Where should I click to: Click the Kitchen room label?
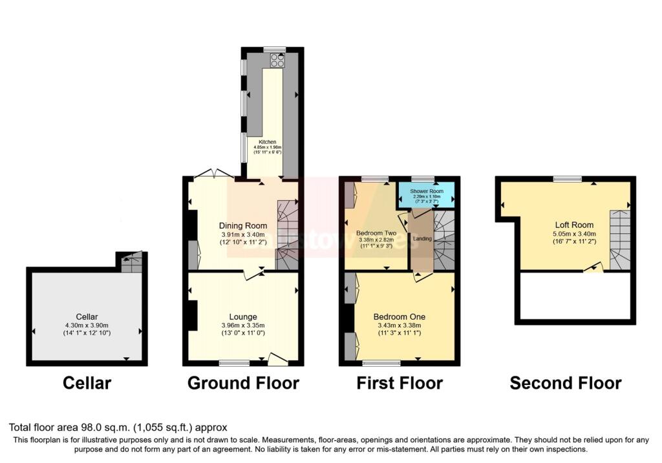click(268, 142)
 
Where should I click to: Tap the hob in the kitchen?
click(278, 60)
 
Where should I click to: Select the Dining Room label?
click(243, 226)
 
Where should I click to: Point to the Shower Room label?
click(427, 191)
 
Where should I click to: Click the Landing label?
click(422, 239)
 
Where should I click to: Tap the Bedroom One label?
click(399, 316)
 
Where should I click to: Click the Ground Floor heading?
click(243, 383)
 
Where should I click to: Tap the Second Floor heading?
click(566, 383)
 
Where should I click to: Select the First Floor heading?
click(400, 383)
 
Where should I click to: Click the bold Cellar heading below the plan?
click(87, 383)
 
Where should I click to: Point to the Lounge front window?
click(234, 363)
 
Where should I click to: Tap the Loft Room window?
click(566, 178)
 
